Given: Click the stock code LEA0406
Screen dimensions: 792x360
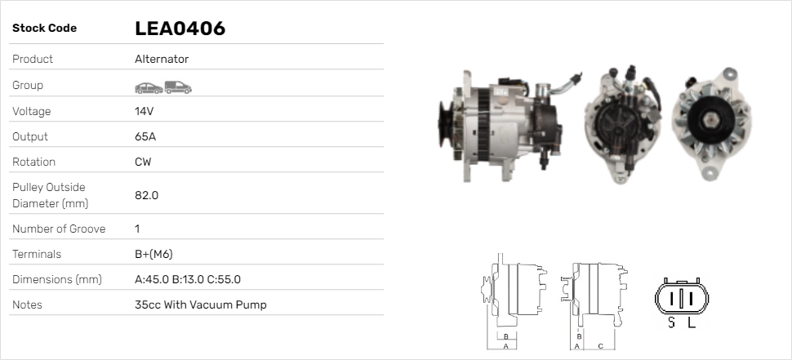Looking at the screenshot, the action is coord(180,29).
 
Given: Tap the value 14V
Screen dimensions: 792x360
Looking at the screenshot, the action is coord(144,111).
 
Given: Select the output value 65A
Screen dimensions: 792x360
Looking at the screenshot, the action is coord(145,136).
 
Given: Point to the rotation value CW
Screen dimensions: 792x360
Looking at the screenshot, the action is coord(143,162).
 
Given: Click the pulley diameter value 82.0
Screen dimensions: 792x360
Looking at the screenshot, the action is coord(146,195).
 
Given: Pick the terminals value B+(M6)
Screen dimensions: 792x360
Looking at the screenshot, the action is coord(154,254).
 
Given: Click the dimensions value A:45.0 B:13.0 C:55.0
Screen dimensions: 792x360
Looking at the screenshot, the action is coord(188,279).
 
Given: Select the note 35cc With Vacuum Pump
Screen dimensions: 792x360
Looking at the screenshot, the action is coord(201,304).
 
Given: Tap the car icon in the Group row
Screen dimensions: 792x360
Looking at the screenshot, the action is coord(149,88).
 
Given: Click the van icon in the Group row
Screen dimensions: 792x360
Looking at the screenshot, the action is coord(178,87).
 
